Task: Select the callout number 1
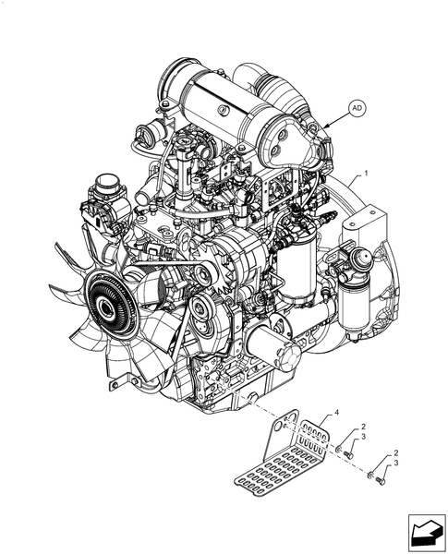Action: coord(366,173)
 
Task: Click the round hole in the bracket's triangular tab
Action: coord(279,426)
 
